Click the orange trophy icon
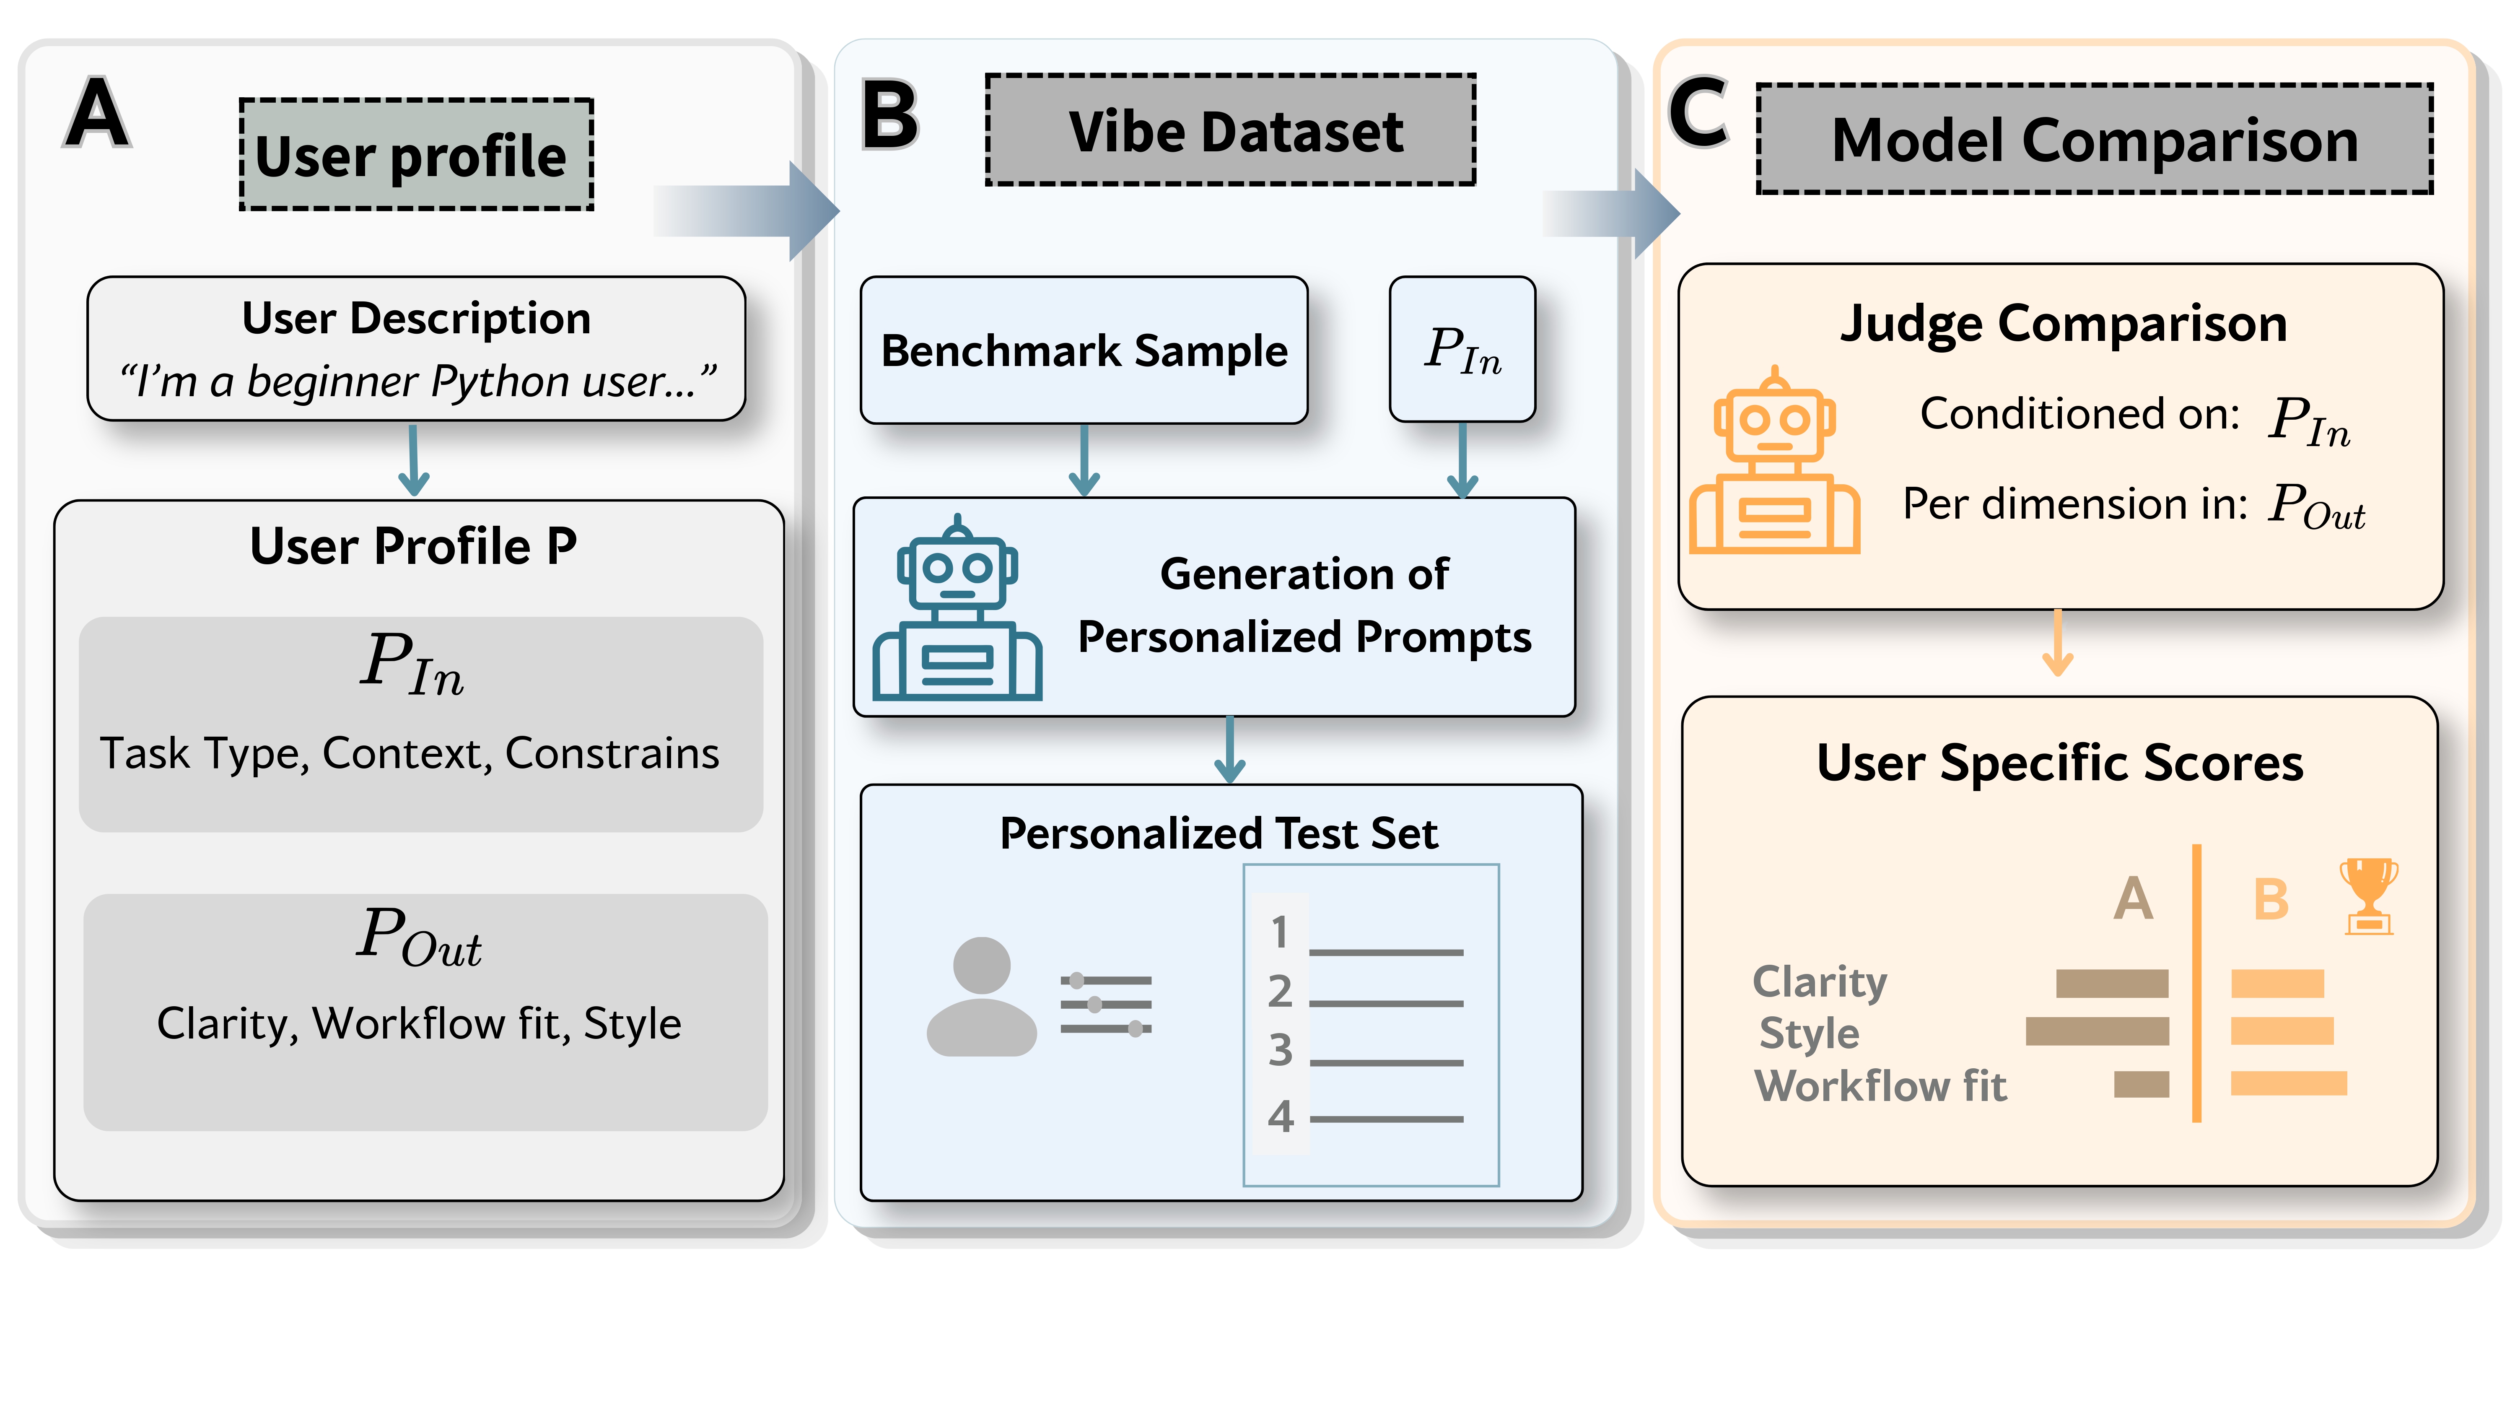[2369, 896]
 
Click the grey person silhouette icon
[981, 996]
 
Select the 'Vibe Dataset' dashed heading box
[1230, 131]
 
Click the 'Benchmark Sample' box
[1084, 350]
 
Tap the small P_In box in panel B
[1462, 350]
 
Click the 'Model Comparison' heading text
[2094, 140]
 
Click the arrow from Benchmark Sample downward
[1084, 461]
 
